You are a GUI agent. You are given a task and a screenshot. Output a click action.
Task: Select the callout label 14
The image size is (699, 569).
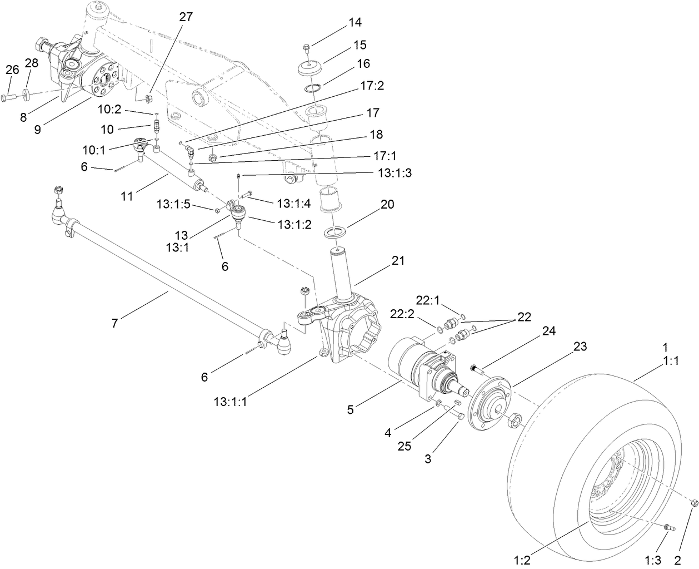[x=355, y=22]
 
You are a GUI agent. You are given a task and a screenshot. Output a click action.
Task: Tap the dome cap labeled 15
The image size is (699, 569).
[x=311, y=70]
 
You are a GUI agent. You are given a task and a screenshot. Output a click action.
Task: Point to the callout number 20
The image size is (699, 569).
[x=387, y=205]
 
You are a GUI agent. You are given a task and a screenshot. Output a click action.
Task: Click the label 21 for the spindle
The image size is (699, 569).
[x=398, y=260]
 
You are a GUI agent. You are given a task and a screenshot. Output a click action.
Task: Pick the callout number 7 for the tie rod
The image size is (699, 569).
[x=114, y=323]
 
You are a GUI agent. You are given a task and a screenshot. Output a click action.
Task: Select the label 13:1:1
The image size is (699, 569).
[x=229, y=400]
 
